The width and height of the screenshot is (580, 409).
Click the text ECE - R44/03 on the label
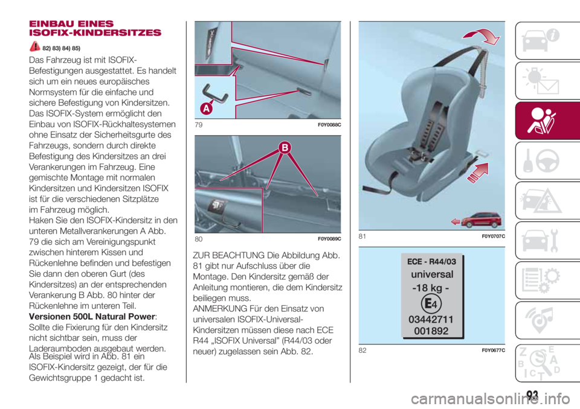[x=431, y=262]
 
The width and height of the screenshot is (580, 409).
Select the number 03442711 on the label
[x=431, y=320]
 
